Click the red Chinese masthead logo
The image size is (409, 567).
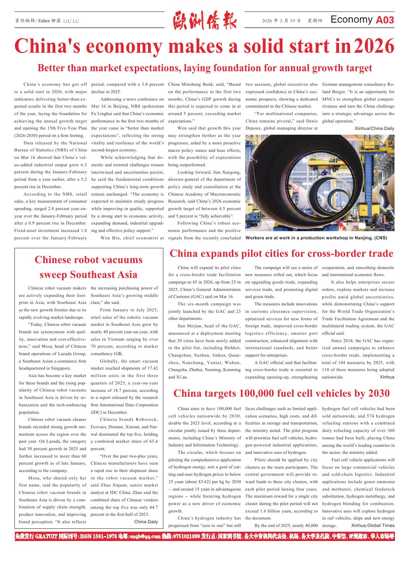tap(205, 21)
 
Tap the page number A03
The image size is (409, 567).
tap(385, 20)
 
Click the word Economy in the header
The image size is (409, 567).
tap(351, 20)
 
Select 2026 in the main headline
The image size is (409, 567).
tap(374, 46)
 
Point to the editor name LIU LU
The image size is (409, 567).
tap(71, 21)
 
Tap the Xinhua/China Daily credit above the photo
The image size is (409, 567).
tap(374, 128)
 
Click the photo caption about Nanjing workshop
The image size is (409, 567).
tap(316, 238)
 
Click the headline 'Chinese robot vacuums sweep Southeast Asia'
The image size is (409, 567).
tap(88, 267)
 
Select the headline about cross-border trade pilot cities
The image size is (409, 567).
tap(281, 253)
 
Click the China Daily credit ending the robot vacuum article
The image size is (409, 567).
tap(146, 522)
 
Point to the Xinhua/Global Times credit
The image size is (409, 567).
tap(373, 525)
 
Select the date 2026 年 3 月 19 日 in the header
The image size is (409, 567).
tap(281, 21)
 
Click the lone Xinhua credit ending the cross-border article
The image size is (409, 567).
tap(387, 377)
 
